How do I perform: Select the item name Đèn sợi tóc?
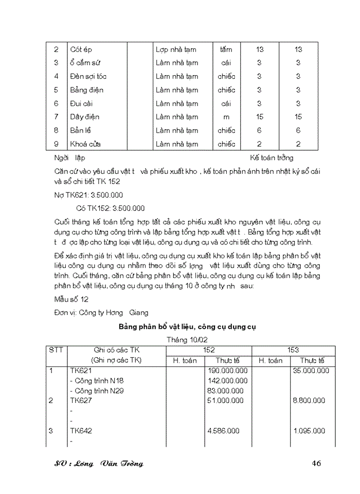tap(88, 77)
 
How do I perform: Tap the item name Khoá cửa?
tap(85, 144)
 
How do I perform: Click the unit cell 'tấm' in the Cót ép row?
tap(226, 50)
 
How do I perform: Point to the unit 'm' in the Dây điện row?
tap(226, 117)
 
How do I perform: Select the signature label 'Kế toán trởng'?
tap(272, 158)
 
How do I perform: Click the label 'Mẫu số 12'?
tap(71, 299)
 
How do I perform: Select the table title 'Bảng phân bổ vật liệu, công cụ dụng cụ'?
tap(187, 327)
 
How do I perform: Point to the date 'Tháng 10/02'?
tap(187, 340)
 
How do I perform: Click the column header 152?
tap(209, 350)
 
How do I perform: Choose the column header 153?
tap(293, 350)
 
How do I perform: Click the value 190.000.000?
tap(227, 370)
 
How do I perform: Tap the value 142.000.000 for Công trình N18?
tap(227, 381)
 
